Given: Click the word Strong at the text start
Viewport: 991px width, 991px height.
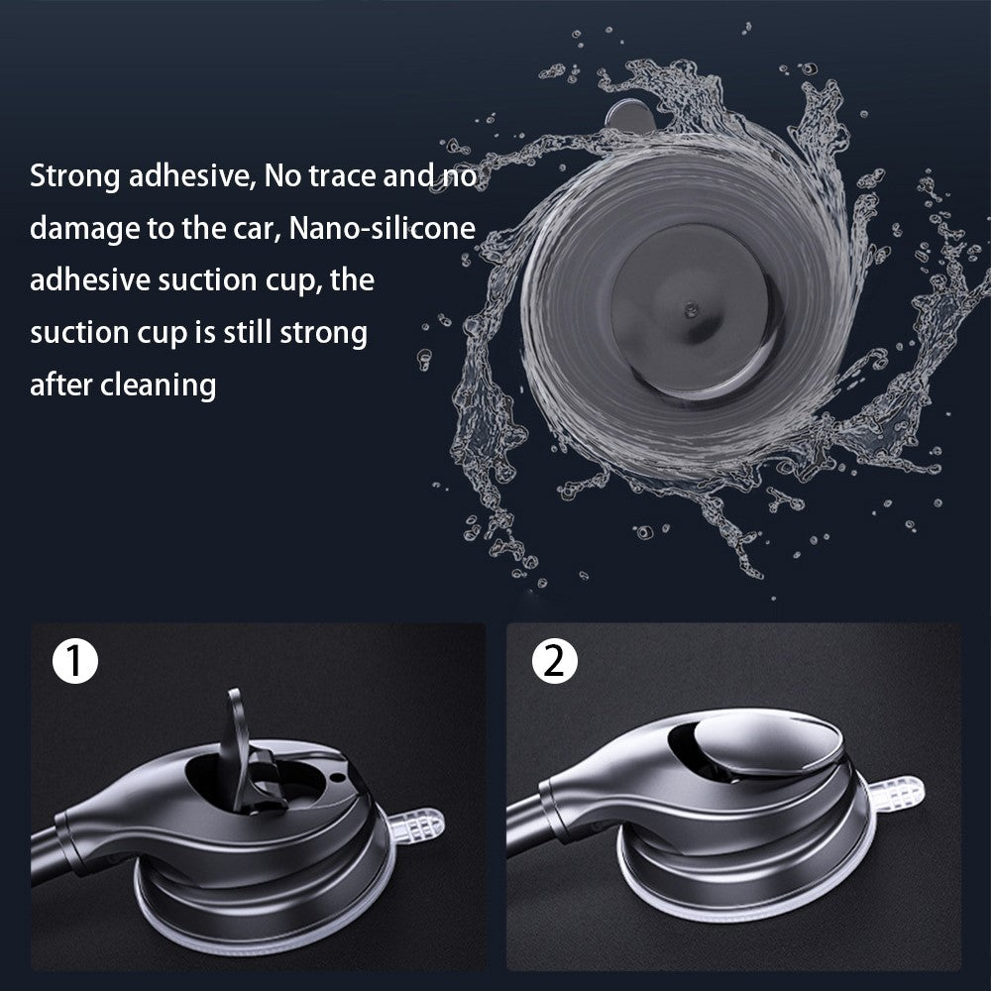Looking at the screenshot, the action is click(74, 176).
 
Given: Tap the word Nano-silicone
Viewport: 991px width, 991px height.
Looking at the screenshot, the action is click(382, 228).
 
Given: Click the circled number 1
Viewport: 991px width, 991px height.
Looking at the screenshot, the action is click(75, 662).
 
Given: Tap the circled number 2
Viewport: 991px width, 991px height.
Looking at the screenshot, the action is click(554, 662).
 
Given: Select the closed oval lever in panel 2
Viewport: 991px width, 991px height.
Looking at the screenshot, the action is click(768, 746).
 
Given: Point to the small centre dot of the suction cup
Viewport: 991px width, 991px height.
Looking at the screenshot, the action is click(692, 309).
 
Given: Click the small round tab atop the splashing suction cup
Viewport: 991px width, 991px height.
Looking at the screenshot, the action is click(629, 117).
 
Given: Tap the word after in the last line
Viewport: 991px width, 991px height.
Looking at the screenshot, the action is click(61, 385).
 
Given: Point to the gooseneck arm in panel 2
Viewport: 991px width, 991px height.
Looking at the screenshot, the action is click(524, 822).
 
